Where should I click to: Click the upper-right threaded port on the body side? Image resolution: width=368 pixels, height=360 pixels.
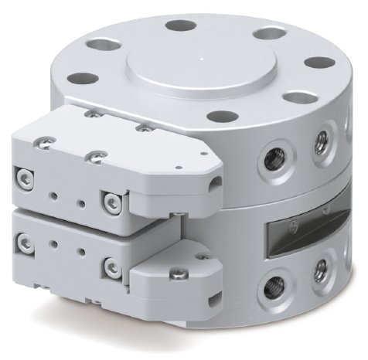pos(319,141)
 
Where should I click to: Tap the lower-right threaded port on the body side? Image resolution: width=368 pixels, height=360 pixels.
pos(319,270)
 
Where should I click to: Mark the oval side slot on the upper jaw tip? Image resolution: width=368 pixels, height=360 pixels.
pos(211,182)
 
